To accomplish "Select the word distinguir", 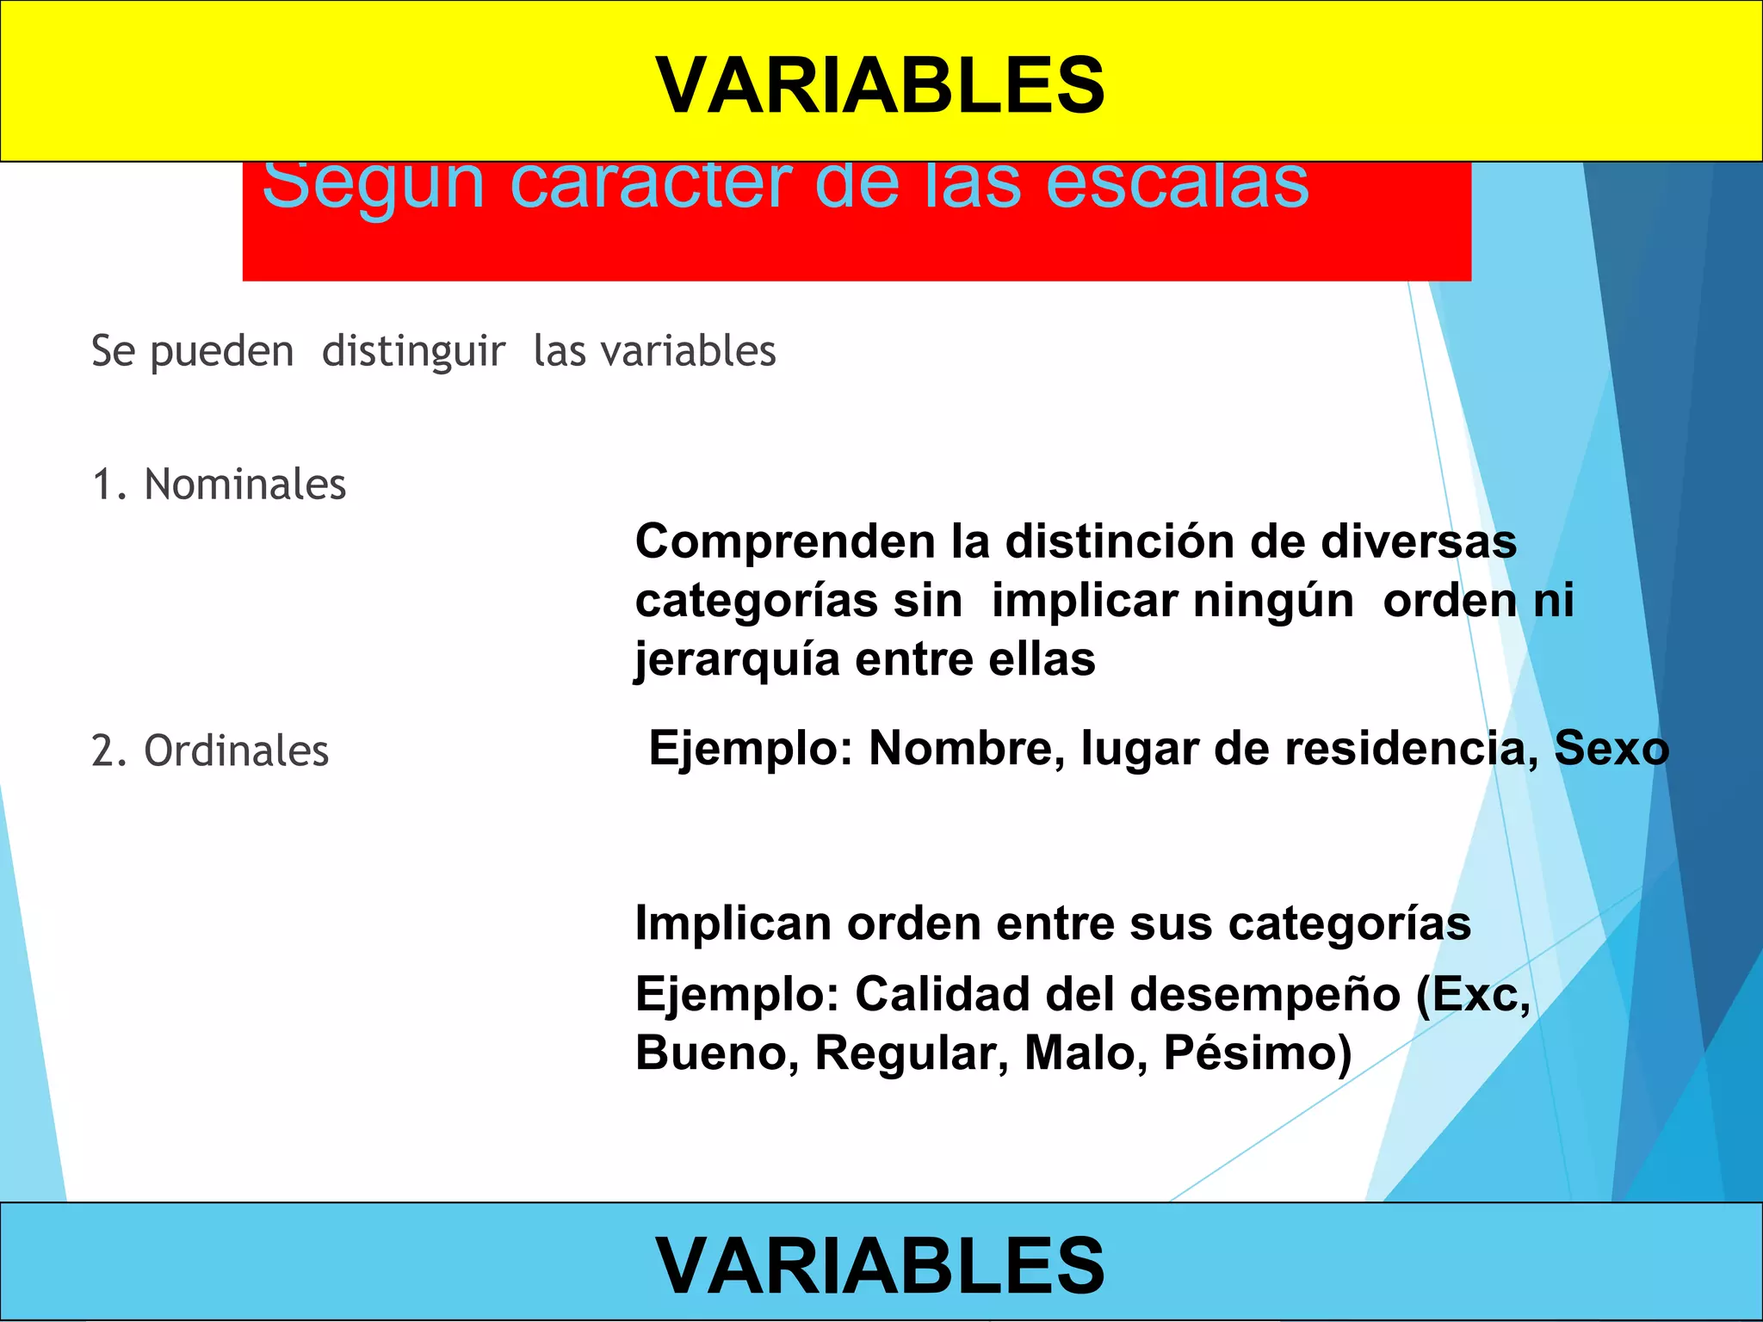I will (413, 351).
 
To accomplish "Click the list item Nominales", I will (244, 484).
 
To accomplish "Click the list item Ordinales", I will (236, 751).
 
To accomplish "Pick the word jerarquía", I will (737, 660).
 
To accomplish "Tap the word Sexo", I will (1611, 748).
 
